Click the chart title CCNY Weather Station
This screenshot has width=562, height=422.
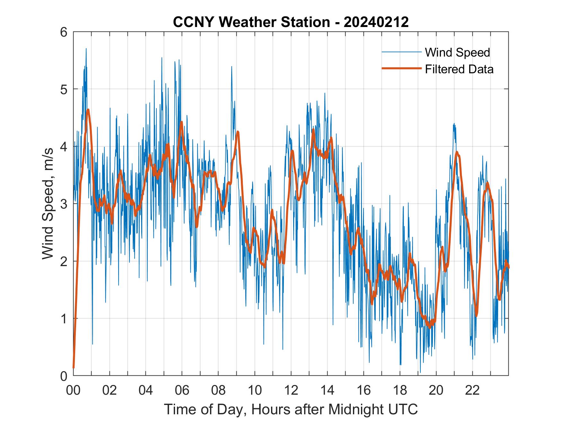pyautogui.click(x=251, y=22)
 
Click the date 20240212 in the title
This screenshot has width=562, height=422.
pyautogui.click(x=376, y=22)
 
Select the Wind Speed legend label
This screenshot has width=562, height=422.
pyautogui.click(x=457, y=52)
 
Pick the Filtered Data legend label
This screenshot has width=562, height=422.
pyautogui.click(x=459, y=69)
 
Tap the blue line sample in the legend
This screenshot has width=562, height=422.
pyautogui.click(x=401, y=52)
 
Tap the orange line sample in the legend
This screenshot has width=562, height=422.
pyautogui.click(x=401, y=69)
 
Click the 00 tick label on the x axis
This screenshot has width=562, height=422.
pyautogui.click(x=73, y=390)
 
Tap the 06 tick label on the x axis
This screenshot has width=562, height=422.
pyautogui.click(x=182, y=390)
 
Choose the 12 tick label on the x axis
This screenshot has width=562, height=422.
pyautogui.click(x=291, y=390)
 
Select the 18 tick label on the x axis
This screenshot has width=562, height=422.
pyautogui.click(x=400, y=390)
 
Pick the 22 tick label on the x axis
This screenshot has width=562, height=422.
pyautogui.click(x=473, y=390)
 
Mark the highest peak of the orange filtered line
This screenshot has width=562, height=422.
pyautogui.click(x=88, y=110)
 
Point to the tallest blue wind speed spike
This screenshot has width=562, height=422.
pyautogui.click(x=86, y=49)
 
